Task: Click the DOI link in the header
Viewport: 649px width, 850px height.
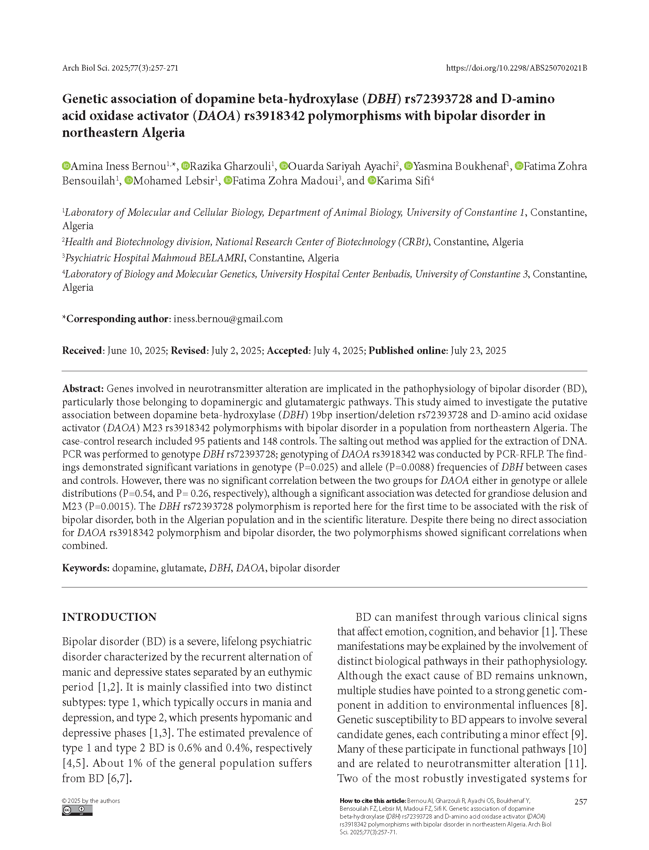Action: click(x=516, y=68)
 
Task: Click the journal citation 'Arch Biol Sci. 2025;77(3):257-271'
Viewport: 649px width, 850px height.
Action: click(x=120, y=68)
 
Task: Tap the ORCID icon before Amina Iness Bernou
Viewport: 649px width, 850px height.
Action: click(x=66, y=166)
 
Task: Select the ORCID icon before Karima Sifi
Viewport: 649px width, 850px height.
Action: click(x=372, y=181)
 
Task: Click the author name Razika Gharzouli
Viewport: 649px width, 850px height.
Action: click(x=231, y=166)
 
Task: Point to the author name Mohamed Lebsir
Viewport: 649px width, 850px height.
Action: click(x=174, y=181)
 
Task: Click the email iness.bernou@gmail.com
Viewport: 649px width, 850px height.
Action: click(x=228, y=319)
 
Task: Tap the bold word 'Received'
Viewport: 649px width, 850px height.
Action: click(x=82, y=350)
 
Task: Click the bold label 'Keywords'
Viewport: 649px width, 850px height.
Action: click(x=85, y=568)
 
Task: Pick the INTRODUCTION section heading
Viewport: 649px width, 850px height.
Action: click(x=109, y=617)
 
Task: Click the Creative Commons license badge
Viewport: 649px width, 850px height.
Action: click(x=77, y=810)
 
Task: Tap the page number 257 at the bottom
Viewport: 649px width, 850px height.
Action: click(x=580, y=802)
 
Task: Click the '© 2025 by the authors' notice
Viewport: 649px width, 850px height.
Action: click(x=91, y=801)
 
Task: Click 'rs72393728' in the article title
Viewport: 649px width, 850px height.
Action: click(x=438, y=99)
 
